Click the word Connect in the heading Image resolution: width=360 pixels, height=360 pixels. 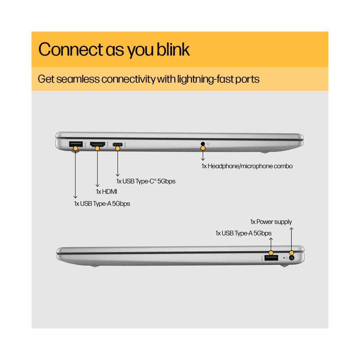[71, 49]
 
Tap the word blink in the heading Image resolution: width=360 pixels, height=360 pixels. [173, 49]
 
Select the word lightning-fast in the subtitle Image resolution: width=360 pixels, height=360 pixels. [205, 79]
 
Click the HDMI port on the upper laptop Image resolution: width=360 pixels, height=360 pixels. [98, 144]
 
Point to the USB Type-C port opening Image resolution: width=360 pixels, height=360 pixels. [118, 144]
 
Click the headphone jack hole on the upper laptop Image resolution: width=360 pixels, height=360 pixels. [203, 144]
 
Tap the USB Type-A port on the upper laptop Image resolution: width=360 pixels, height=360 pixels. [76, 144]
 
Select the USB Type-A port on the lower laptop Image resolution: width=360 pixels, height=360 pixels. [271, 258]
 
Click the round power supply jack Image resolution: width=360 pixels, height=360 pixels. [292, 258]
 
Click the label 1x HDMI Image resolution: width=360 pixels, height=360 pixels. [106, 192]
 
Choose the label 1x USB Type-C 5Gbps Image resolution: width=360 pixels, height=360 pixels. [146, 181]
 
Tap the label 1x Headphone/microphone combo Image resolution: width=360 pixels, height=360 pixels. [247, 166]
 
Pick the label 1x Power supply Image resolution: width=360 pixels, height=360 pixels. [271, 222]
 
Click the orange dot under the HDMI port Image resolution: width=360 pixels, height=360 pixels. [97, 148]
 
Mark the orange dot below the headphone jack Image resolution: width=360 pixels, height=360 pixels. [203, 148]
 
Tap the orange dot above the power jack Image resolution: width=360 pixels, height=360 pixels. [291, 253]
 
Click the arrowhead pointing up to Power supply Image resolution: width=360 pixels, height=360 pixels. [291, 228]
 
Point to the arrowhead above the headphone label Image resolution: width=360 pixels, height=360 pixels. [203, 159]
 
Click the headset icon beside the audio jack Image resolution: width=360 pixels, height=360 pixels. [208, 144]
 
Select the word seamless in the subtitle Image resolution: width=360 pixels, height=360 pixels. [78, 79]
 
